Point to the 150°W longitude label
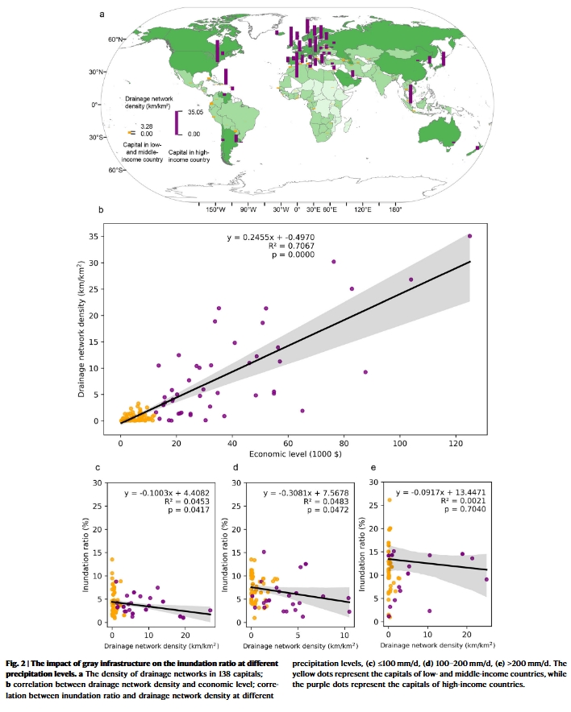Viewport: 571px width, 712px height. point(214,209)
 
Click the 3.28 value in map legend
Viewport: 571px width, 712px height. point(146,126)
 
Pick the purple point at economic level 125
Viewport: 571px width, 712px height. point(469,236)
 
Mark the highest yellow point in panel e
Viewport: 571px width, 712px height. point(389,500)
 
